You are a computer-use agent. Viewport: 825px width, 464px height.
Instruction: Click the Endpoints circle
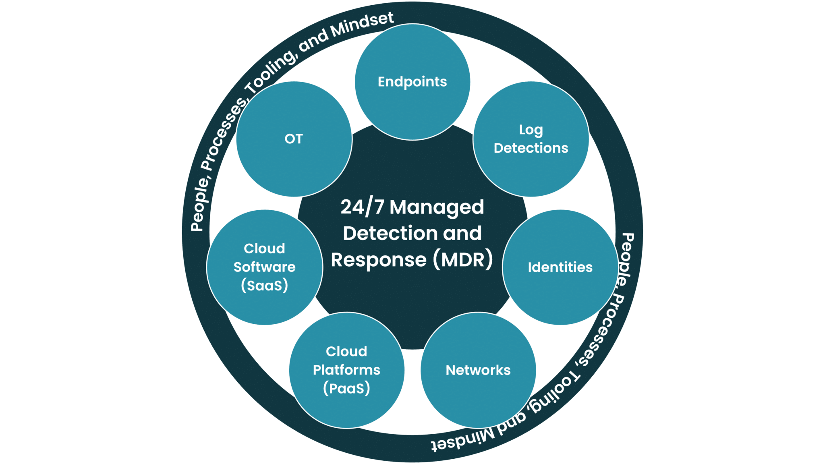click(412, 82)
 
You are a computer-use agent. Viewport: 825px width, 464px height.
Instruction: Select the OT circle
click(294, 139)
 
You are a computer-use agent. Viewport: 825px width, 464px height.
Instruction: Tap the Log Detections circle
click(531, 139)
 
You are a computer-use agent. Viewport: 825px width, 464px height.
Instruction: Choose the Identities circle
click(560, 267)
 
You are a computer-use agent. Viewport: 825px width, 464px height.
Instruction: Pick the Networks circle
click(478, 370)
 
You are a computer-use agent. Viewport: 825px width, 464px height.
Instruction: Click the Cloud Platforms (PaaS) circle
click(346, 370)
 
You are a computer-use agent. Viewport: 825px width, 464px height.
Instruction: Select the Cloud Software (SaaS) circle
click(264, 267)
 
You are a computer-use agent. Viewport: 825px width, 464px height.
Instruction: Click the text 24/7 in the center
click(362, 207)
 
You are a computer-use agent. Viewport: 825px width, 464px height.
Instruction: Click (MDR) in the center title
click(463, 260)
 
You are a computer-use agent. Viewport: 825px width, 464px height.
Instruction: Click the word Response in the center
click(379, 260)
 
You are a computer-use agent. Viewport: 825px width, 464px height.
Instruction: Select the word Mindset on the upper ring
click(362, 25)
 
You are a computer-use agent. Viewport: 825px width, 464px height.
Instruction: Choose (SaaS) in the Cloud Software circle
click(264, 286)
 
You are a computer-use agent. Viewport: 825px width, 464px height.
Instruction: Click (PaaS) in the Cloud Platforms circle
click(346, 388)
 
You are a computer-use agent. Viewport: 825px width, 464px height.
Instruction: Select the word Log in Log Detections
click(531, 130)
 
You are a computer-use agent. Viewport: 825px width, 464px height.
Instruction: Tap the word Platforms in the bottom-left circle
click(346, 370)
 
